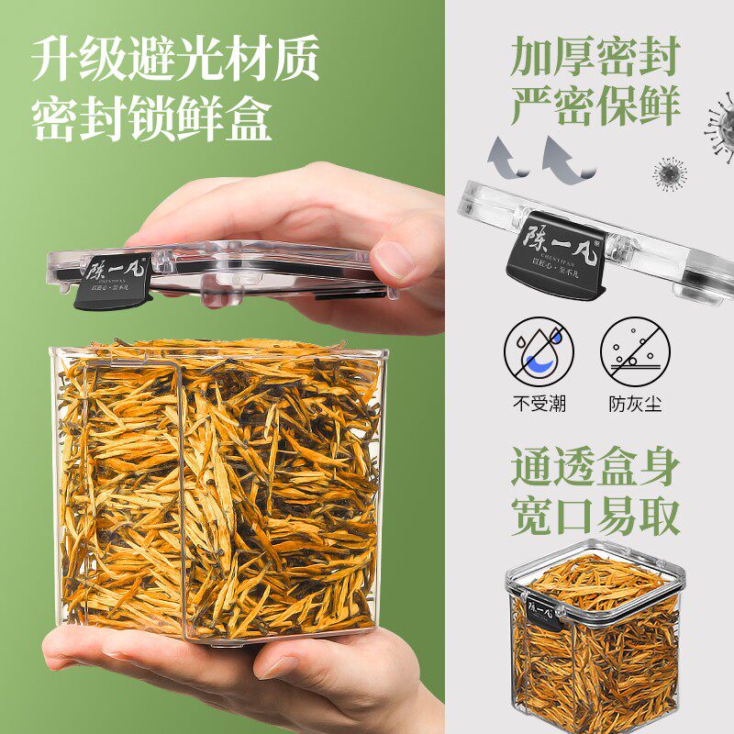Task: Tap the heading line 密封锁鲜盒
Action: coord(152,119)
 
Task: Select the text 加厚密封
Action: coord(595,58)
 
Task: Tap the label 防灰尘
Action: coord(635,404)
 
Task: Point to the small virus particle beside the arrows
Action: coord(670,172)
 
